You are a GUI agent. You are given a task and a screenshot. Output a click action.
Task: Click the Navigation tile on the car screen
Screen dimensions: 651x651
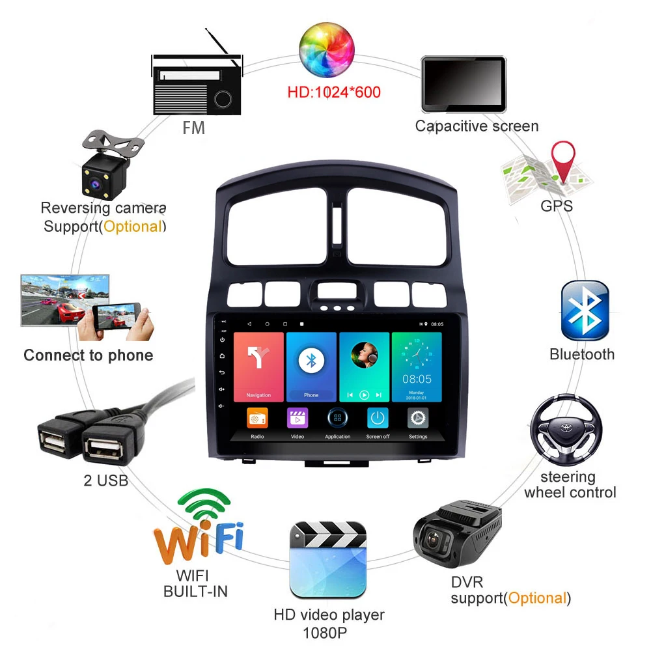pyautogui.click(x=258, y=366)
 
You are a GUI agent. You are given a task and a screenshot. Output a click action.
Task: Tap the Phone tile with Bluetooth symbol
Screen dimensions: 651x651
pyautogui.click(x=311, y=366)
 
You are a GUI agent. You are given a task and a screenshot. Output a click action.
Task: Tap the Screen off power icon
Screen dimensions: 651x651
pyautogui.click(x=378, y=419)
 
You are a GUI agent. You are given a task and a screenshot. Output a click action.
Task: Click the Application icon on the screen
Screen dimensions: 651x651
pyautogui.click(x=337, y=419)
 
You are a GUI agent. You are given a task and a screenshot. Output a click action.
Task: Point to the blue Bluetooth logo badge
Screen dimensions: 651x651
pyautogui.click(x=585, y=311)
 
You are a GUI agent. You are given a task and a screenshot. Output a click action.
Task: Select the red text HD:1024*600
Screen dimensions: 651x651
pyautogui.click(x=334, y=92)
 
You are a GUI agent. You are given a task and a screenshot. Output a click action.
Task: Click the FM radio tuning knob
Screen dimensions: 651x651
pyautogui.click(x=223, y=99)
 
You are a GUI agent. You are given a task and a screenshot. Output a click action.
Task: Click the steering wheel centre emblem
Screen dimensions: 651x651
pyautogui.click(x=564, y=430)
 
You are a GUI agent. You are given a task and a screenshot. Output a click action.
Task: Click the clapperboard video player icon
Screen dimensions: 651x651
pyautogui.click(x=328, y=559)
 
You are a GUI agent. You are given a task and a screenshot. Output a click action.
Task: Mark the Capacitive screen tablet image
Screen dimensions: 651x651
pyautogui.click(x=464, y=83)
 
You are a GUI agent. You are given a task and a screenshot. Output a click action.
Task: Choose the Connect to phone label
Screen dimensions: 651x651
pyautogui.click(x=88, y=355)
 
